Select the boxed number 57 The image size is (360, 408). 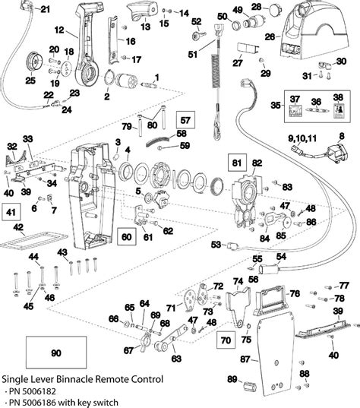185,120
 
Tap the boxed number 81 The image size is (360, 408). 238,162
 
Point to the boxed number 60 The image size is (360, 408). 128,237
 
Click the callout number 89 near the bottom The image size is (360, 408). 232,380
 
